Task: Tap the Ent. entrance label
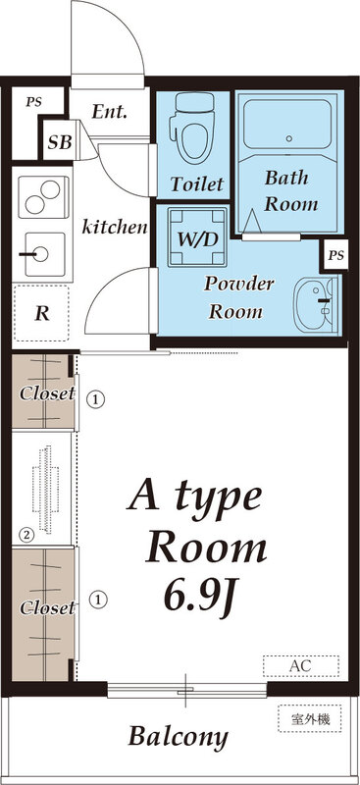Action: [110, 113]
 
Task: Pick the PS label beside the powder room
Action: [336, 256]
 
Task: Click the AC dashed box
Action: [300, 666]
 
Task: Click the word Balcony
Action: [179, 737]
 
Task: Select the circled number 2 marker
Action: [26, 535]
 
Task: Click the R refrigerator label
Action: [42, 314]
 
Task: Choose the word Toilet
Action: [197, 183]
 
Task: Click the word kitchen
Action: [114, 228]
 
